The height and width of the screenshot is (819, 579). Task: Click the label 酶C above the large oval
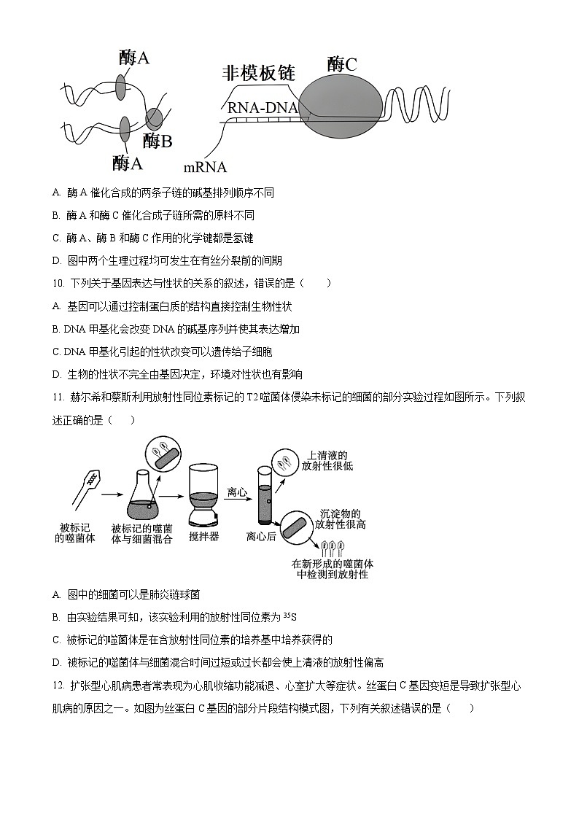click(x=342, y=64)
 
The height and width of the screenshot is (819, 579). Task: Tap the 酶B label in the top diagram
click(x=157, y=141)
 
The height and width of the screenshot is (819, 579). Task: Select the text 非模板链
click(x=258, y=73)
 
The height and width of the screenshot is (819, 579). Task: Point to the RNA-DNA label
click(x=263, y=108)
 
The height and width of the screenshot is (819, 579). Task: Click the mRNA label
click(x=205, y=167)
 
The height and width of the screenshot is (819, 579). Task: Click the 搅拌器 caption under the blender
click(x=203, y=536)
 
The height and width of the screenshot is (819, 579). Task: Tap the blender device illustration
click(x=203, y=495)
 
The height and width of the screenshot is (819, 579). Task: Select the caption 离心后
click(x=261, y=536)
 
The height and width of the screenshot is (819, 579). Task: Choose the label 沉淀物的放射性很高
click(x=340, y=519)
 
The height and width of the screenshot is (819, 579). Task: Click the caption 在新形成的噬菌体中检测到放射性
click(x=333, y=569)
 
